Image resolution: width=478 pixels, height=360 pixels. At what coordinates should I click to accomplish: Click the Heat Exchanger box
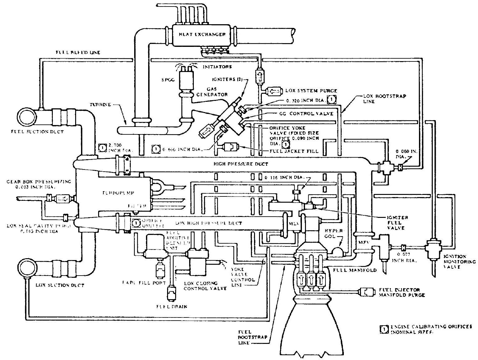(x=202, y=34)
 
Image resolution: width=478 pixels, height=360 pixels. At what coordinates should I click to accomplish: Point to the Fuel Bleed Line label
(x=78, y=52)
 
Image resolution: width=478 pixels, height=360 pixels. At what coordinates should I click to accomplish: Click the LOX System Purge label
(x=311, y=91)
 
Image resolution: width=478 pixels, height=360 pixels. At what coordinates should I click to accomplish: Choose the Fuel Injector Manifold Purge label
(x=402, y=292)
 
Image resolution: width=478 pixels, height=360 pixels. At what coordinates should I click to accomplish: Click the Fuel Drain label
(x=171, y=307)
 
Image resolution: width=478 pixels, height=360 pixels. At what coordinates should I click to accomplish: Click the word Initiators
(x=217, y=66)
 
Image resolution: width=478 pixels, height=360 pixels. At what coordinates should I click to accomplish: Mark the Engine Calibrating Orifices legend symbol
(x=385, y=329)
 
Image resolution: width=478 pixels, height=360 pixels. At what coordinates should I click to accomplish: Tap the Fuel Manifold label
(x=355, y=270)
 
